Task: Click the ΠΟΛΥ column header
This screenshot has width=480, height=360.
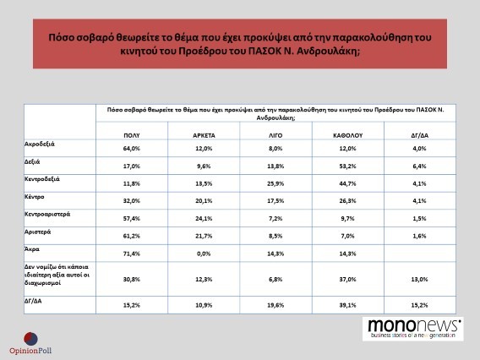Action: pyautogui.click(x=132, y=135)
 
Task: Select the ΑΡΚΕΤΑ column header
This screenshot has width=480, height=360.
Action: pyautogui.click(x=204, y=135)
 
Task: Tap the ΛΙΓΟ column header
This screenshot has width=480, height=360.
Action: pyautogui.click(x=275, y=135)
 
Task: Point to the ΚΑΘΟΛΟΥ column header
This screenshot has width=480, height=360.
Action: pyautogui.click(x=348, y=135)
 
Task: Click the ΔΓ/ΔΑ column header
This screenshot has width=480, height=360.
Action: pyautogui.click(x=420, y=135)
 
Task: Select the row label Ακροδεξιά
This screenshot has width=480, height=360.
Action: pyautogui.click(x=40, y=144)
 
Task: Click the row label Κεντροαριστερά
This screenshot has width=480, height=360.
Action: pyautogui.click(x=47, y=214)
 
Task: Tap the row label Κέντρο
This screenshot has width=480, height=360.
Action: pyautogui.click(x=35, y=197)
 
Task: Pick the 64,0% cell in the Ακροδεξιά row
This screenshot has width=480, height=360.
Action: pyautogui.click(x=132, y=149)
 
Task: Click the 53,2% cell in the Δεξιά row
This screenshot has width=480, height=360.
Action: pyautogui.click(x=348, y=166)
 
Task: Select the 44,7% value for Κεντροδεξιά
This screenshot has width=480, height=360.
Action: pyautogui.click(x=348, y=183)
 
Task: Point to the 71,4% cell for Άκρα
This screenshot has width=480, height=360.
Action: pyautogui.click(x=132, y=254)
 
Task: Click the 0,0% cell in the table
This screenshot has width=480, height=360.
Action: pyautogui.click(x=204, y=254)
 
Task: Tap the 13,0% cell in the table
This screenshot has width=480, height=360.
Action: pyautogui.click(x=420, y=279)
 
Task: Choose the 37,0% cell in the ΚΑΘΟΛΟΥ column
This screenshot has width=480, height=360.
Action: pyautogui.click(x=348, y=279)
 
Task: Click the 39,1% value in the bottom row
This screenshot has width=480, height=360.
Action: pyautogui.click(x=348, y=305)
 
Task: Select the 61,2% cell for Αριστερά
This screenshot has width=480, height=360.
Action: pyautogui.click(x=132, y=236)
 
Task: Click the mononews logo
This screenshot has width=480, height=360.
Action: pyautogui.click(x=413, y=329)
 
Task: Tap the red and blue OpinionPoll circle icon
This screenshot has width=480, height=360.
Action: pyautogui.click(x=30, y=339)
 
